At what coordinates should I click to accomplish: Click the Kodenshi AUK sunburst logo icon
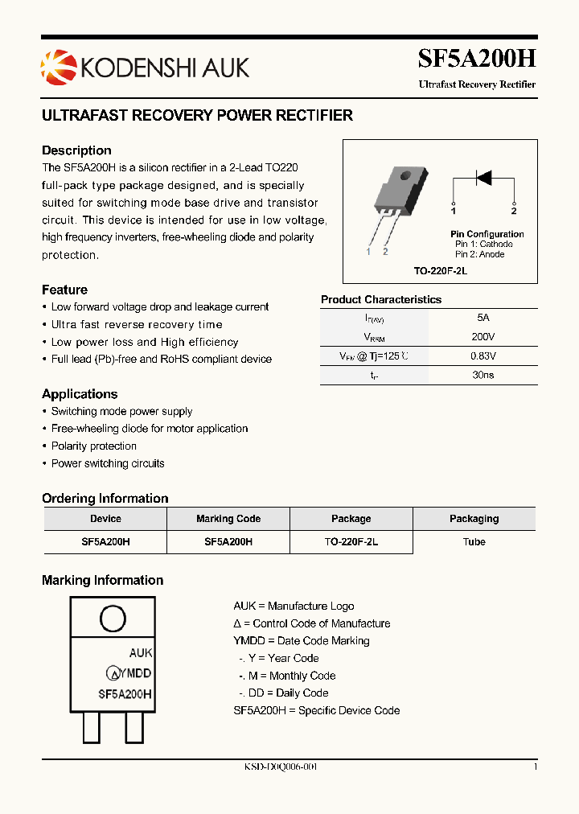(x=57, y=65)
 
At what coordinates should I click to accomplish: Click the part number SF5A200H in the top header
(x=476, y=59)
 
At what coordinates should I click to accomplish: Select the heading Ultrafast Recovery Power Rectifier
(x=197, y=116)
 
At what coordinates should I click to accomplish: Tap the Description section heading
(x=76, y=150)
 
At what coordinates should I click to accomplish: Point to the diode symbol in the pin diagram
(x=483, y=178)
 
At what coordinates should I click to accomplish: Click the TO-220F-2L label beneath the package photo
(x=440, y=271)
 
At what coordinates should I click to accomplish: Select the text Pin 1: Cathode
(x=483, y=244)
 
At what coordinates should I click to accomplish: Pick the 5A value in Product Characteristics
(x=482, y=318)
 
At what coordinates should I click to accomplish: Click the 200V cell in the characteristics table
(x=482, y=337)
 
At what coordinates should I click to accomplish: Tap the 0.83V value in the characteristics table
(x=482, y=356)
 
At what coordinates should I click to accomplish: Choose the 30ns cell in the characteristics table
(x=482, y=375)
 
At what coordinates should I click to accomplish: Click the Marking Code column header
(x=228, y=519)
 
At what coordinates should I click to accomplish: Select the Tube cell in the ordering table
(x=474, y=542)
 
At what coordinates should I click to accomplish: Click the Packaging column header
(x=474, y=519)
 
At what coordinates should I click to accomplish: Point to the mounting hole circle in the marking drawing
(x=112, y=618)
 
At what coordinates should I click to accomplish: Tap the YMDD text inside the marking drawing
(x=136, y=673)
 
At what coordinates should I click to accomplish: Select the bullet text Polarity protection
(x=93, y=446)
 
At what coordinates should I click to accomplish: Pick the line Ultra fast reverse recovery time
(x=137, y=325)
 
